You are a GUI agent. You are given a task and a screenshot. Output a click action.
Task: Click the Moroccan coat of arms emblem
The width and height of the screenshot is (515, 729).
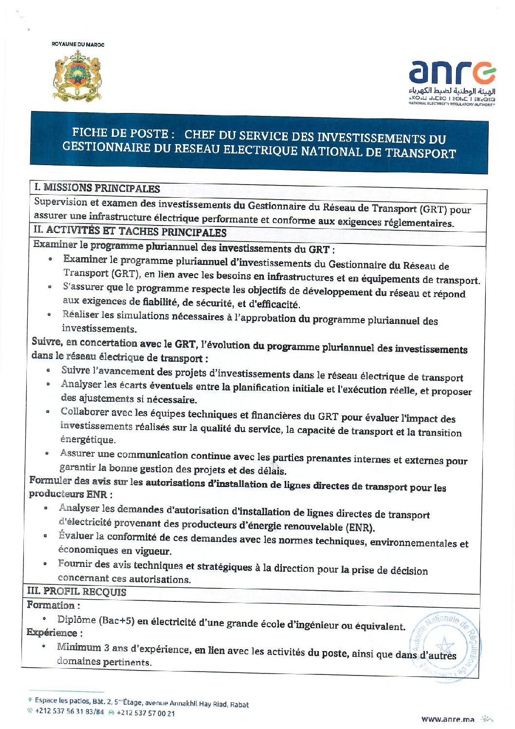[77, 76]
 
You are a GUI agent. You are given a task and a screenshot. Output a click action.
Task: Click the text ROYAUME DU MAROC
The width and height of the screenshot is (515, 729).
[78, 44]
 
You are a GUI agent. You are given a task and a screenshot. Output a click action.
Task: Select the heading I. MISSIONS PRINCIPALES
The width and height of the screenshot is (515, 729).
[97, 188]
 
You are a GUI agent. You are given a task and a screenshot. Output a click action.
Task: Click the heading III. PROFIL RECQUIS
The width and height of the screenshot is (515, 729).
[76, 592]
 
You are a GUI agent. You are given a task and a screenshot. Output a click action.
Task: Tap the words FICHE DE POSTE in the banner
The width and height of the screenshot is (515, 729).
[120, 132]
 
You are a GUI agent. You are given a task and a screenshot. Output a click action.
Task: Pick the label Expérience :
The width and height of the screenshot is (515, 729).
[55, 633]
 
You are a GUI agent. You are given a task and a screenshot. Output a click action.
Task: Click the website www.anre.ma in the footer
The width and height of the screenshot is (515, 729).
[447, 719]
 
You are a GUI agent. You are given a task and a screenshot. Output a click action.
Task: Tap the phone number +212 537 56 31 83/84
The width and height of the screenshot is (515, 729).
[69, 711]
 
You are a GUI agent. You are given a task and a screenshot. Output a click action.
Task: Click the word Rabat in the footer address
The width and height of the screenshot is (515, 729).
[239, 704]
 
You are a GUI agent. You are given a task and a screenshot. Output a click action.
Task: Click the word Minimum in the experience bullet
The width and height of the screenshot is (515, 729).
[79, 647]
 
